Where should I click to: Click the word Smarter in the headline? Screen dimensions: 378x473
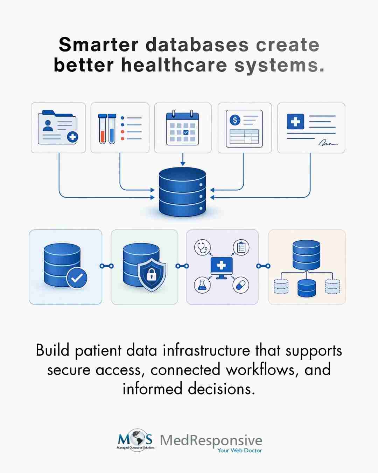tap(98, 45)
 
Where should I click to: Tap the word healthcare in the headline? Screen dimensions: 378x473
tap(174, 65)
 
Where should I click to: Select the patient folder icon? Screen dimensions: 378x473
tap(58, 127)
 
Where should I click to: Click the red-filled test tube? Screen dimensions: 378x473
tap(102, 129)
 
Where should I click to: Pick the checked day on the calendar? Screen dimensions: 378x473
tap(186, 132)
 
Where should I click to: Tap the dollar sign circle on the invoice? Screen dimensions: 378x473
tap(235, 120)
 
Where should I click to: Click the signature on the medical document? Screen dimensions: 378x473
tap(328, 143)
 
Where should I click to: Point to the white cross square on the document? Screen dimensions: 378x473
tap(295, 122)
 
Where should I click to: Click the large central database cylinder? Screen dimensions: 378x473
tap(182, 192)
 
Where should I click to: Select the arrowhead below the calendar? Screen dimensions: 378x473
tap(183, 164)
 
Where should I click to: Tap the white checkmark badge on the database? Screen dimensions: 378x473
tap(77, 278)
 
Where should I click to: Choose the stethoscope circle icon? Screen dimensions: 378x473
tap(202, 247)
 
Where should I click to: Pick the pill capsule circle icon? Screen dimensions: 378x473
tap(241, 285)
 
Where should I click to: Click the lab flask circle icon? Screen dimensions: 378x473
tap(202, 285)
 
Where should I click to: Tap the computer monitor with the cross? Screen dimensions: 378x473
tap(222, 268)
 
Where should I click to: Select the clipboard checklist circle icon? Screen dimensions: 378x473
tap(241, 247)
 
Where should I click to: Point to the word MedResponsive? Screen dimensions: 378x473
tap(211, 440)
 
